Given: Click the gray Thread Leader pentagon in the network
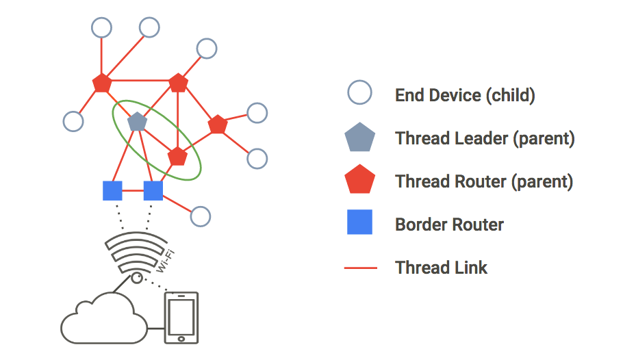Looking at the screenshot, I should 137,122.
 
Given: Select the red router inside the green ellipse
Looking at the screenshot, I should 177,156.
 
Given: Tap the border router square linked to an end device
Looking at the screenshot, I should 153,190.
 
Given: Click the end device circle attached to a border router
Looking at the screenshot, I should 200,216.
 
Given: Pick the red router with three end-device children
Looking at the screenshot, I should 102,83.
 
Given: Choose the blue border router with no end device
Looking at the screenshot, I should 112,190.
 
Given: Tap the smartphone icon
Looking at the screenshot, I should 181,318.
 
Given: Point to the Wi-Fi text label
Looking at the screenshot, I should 164,261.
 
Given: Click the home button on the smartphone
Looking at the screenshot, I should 181,338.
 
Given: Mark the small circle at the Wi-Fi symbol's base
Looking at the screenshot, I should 137,277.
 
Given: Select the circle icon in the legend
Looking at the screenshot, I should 359,93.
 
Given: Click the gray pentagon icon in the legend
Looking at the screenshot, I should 359,138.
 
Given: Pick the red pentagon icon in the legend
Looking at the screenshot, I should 359,181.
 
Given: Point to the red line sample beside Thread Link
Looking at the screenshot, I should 359,267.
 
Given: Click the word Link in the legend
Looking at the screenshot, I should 472,267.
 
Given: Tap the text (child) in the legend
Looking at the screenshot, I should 510,95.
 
